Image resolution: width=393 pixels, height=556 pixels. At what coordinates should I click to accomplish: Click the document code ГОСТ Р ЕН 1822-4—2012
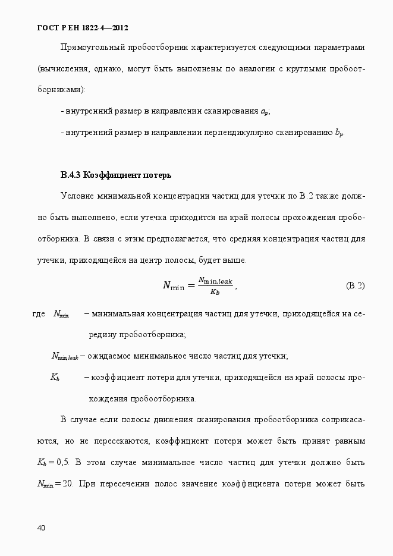82,28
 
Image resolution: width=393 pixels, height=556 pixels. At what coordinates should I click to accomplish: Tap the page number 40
41,528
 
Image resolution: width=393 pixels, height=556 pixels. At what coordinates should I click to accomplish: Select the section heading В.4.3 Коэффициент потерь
116,175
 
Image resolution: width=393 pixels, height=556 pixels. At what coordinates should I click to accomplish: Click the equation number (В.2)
355,285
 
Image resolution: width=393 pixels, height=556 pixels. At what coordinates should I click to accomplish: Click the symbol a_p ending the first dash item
265,112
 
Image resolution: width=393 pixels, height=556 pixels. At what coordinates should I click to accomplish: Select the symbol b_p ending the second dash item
339,133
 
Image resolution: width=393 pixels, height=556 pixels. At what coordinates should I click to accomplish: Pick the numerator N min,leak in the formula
216,280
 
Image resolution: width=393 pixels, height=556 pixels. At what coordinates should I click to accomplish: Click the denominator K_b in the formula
215,291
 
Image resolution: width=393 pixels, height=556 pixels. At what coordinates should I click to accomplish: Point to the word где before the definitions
39,313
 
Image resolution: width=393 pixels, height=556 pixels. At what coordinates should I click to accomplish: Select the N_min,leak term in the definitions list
65,356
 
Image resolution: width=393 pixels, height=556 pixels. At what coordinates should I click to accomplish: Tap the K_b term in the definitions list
55,378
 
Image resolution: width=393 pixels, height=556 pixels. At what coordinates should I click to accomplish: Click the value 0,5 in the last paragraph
63,463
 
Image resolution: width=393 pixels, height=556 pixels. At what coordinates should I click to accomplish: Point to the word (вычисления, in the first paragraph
61,68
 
